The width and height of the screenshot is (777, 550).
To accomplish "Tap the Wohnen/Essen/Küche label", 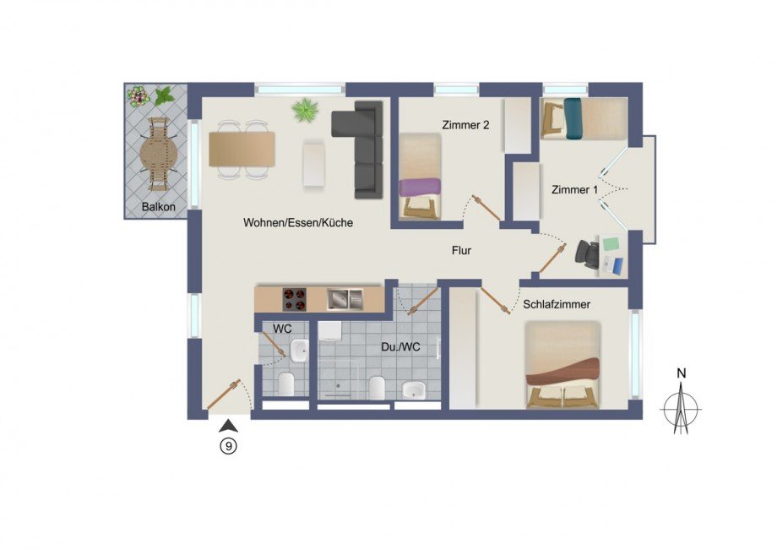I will coord(297,223).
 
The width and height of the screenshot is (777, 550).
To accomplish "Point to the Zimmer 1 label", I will coord(574,190).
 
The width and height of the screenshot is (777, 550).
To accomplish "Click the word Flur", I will coord(460,250).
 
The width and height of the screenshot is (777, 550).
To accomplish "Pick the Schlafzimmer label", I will coord(556,304).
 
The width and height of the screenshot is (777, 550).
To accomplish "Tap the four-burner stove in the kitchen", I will coord(295,298).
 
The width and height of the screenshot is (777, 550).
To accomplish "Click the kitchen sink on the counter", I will coord(345,298).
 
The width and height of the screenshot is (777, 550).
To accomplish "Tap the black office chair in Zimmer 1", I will coord(588,253).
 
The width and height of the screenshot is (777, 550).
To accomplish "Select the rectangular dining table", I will coord(242,149).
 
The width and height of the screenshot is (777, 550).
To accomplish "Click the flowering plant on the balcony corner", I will coord(139,95).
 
